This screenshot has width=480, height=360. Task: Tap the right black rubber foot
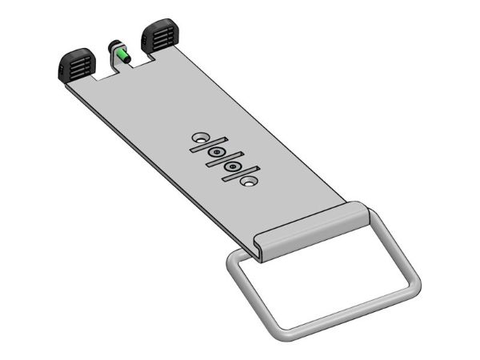[159, 34]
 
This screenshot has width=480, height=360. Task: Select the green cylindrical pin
[125, 55]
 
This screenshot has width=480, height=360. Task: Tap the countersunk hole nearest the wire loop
[250, 183]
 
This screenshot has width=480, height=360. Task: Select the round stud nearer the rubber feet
[215, 150]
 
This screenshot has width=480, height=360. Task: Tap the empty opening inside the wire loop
[320, 280]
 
